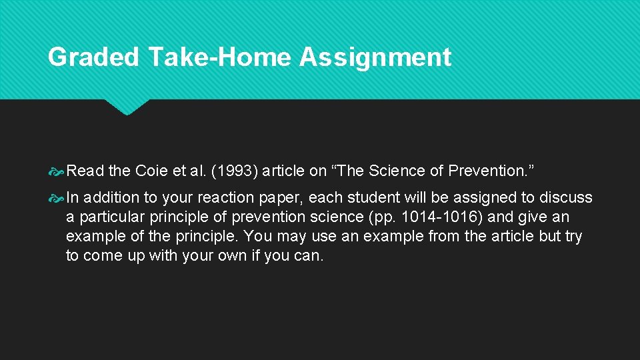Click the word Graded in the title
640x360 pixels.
[x=93, y=57]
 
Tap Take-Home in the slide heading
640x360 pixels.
[x=220, y=57]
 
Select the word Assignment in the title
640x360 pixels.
[x=375, y=57]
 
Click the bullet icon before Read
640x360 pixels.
[x=57, y=171]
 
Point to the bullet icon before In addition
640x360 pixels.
[x=57, y=198]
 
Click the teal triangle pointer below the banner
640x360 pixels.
[x=126, y=106]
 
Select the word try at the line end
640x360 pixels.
[x=573, y=237]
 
